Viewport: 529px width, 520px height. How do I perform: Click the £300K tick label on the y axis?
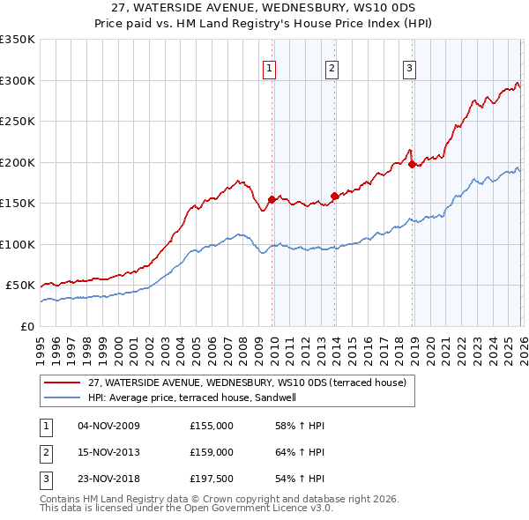(18, 80)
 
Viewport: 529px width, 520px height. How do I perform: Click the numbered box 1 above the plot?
(268, 69)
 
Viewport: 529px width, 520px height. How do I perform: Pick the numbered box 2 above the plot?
(332, 69)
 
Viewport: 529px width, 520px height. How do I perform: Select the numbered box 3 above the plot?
(410, 69)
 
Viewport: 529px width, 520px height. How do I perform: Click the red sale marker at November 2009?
(272, 199)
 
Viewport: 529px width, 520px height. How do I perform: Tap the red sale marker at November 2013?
(334, 196)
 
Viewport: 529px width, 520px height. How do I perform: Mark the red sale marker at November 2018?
(413, 164)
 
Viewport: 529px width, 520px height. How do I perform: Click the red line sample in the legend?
(61, 383)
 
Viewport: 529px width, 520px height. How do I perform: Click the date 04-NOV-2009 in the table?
(108, 426)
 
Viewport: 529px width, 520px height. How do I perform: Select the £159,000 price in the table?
(212, 453)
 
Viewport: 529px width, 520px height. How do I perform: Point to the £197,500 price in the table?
(212, 480)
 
